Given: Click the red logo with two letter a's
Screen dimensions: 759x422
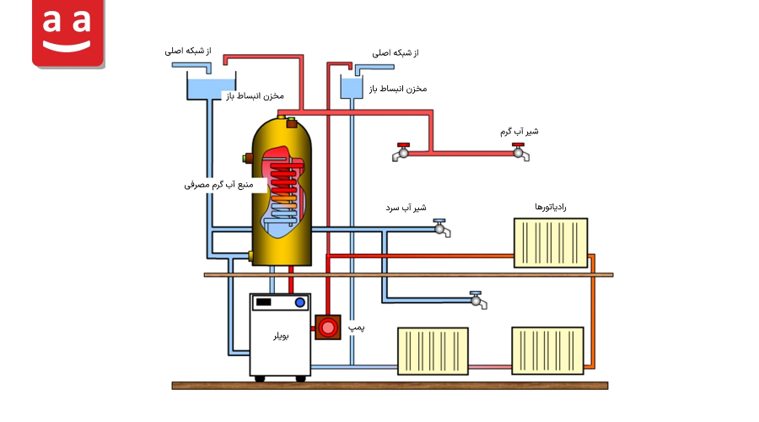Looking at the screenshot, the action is click(67, 33).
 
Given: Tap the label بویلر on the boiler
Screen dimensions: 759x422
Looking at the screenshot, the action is click(281, 336).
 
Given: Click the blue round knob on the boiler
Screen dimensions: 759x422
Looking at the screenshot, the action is click(299, 302).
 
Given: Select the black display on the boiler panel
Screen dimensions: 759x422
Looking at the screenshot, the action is click(264, 302).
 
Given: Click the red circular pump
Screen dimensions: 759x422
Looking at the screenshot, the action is click(328, 327).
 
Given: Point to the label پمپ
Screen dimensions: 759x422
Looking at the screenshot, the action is click(356, 328).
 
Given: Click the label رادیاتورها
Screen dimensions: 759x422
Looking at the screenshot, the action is click(551, 207).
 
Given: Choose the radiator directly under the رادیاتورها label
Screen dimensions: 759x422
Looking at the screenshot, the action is click(551, 243).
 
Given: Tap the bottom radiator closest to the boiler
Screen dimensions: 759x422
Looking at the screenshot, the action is click(433, 351).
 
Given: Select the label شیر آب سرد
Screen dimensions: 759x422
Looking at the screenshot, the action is click(406, 208).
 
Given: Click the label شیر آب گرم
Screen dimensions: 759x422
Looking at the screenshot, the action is click(519, 132).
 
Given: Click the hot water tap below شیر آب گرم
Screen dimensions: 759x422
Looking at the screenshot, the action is click(520, 152).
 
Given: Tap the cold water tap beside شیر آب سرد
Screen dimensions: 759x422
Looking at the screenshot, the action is click(441, 228).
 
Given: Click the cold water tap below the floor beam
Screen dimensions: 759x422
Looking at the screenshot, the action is click(478, 300).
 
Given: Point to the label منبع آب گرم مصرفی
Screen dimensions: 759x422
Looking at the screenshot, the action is click(218, 185).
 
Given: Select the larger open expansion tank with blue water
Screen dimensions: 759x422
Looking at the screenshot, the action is click(211, 86).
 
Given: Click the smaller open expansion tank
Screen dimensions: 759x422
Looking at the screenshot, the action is click(352, 86).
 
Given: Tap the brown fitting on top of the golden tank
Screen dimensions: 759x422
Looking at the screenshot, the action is click(292, 123).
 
